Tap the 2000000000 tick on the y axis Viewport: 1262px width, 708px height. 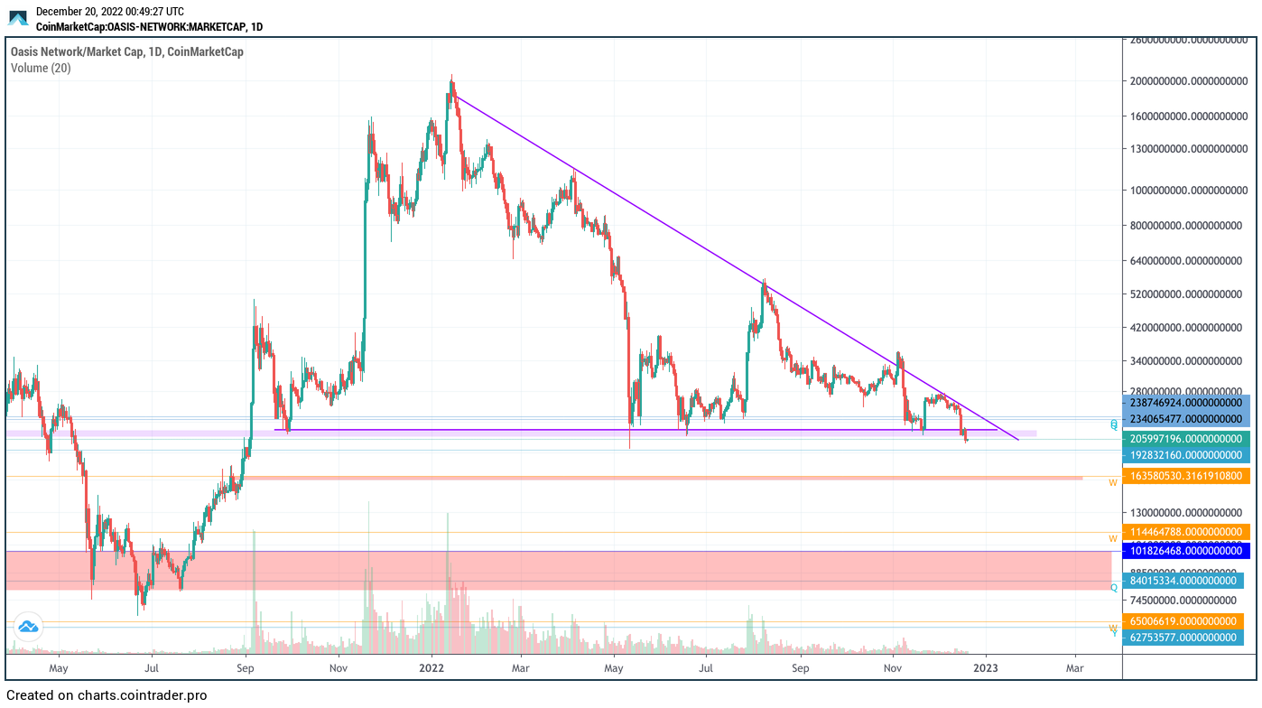tap(1188, 81)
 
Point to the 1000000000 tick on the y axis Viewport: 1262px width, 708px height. tap(1188, 190)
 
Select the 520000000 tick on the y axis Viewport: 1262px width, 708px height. tap(1188, 294)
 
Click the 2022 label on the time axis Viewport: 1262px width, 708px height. tap(431, 669)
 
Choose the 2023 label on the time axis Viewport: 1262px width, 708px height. tap(986, 669)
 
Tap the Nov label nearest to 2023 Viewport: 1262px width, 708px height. tap(893, 669)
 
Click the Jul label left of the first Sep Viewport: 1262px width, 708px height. tap(152, 669)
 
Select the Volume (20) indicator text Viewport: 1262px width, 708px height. tap(41, 68)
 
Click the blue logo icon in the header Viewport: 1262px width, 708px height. tap(19, 17)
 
